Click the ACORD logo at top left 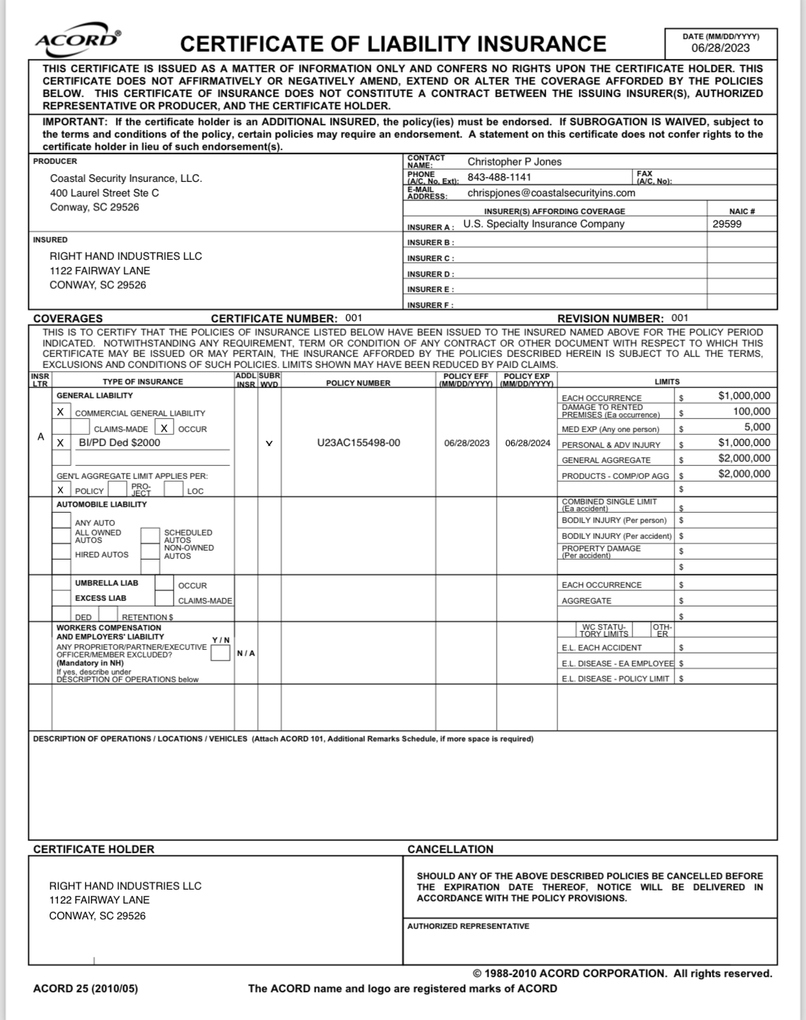pos(78,41)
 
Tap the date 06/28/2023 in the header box pos(720,48)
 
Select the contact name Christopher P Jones pos(515,162)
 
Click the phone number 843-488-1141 pos(500,178)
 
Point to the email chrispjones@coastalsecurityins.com pos(552,193)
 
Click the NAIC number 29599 pos(727,225)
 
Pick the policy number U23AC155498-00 pos(359,442)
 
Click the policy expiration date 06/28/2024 pos(527,442)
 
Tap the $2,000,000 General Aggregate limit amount pos(745,458)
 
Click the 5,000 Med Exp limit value pos(757,427)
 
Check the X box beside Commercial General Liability pos(61,412)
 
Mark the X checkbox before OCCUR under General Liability pos(165,427)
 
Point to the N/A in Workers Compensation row pos(245,653)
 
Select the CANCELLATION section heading pos(450,849)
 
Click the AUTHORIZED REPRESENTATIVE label pos(467,926)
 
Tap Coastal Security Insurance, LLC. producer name pos(126,178)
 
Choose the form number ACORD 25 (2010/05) pos(85,988)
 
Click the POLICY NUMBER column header pos(359,383)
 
